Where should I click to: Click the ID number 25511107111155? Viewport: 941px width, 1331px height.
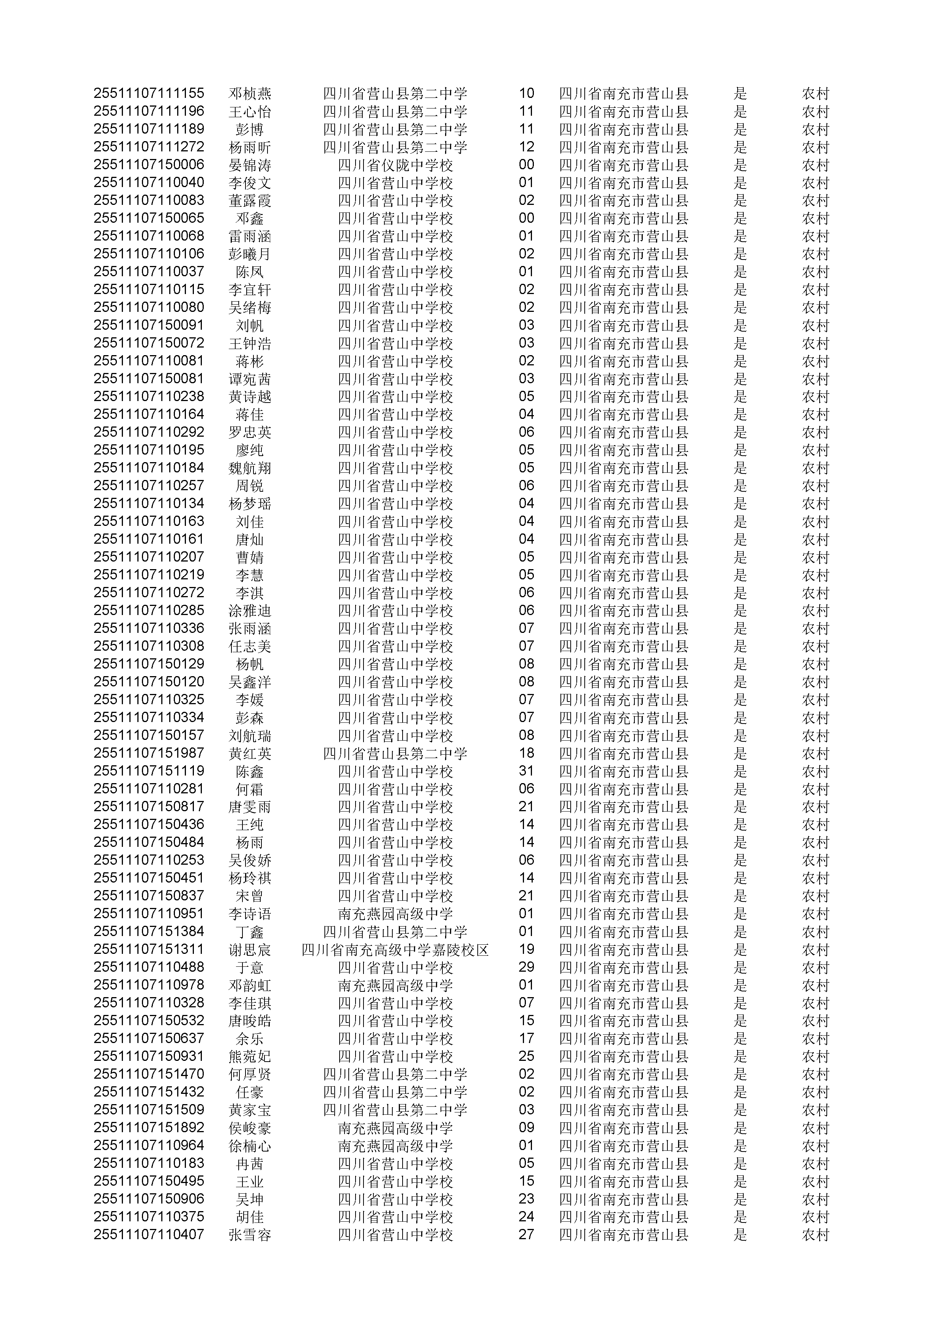(x=149, y=93)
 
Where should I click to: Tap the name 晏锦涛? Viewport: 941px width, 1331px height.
(x=250, y=165)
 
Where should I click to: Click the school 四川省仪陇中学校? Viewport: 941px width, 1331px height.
(x=395, y=165)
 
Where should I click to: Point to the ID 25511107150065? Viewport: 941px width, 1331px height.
(x=149, y=219)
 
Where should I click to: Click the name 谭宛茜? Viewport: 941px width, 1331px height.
(x=250, y=379)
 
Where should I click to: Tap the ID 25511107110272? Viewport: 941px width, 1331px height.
(x=149, y=592)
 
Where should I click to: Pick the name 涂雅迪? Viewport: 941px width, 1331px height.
(x=250, y=611)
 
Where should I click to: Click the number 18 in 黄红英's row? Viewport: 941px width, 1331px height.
(x=526, y=753)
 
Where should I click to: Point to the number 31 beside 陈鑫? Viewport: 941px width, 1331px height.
(x=526, y=771)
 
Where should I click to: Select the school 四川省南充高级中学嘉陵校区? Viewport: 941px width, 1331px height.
(x=395, y=950)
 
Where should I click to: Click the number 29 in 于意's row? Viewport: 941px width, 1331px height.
(x=526, y=967)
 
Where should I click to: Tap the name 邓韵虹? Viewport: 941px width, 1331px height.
(x=250, y=985)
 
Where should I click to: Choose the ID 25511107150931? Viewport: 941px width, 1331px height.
(x=149, y=1056)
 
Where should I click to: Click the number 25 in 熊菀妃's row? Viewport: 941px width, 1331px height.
(x=526, y=1056)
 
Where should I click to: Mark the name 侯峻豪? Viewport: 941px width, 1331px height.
(x=250, y=1128)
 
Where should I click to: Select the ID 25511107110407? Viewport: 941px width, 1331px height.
(x=149, y=1235)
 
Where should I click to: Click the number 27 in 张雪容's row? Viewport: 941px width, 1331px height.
(x=526, y=1235)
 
